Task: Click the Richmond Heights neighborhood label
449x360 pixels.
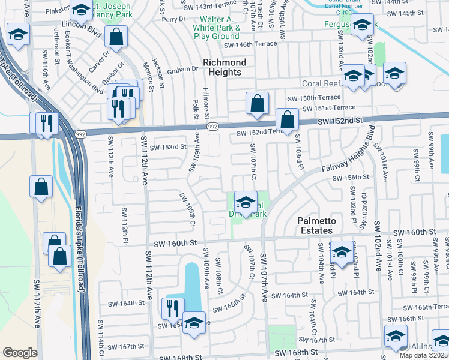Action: point(224,67)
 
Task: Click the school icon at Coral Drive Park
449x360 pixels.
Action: point(245,202)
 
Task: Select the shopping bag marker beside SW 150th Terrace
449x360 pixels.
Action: point(257,104)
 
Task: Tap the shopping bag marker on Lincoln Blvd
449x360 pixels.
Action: point(116,37)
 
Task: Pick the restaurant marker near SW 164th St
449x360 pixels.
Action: point(173,309)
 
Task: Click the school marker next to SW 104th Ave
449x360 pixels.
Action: point(342,253)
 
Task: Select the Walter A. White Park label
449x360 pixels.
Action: point(217,28)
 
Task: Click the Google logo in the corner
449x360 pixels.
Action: point(20,353)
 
